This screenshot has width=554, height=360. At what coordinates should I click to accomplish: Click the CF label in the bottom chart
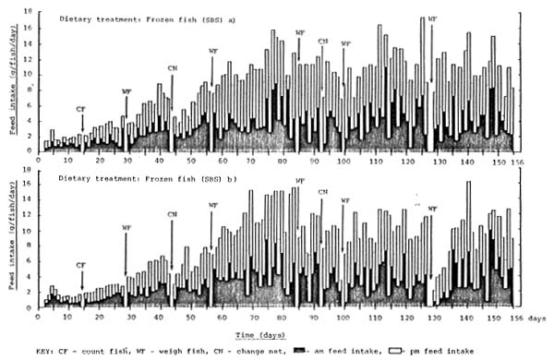click(82, 265)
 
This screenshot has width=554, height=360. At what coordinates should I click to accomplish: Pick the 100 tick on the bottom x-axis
click(343, 316)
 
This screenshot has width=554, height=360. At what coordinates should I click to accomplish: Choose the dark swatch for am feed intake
click(301, 351)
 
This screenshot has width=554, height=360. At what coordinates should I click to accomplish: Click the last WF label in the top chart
click(432, 18)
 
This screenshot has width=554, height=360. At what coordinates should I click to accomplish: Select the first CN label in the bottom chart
click(172, 214)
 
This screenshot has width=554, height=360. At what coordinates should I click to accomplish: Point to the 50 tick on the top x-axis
click(191, 161)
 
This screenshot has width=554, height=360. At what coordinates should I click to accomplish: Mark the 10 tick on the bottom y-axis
click(30, 232)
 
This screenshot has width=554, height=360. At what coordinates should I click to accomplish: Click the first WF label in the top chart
click(126, 91)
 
